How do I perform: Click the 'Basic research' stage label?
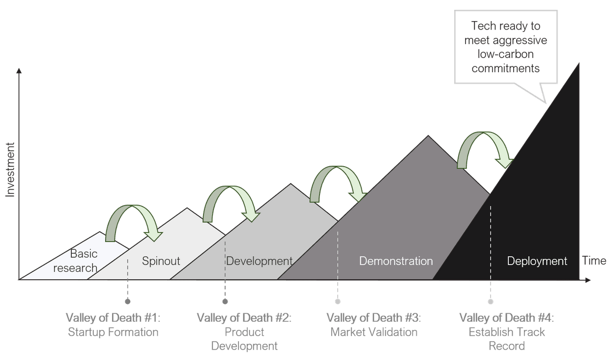tap(76, 261)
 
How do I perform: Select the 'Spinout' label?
tap(161, 261)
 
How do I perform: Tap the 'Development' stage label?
tap(259, 261)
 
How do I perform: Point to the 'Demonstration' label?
tap(396, 261)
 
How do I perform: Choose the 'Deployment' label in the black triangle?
tap(537, 261)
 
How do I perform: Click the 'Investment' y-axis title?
tap(10, 170)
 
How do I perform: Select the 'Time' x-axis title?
tap(594, 261)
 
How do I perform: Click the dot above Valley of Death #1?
tap(128, 301)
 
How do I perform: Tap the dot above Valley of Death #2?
tap(225, 301)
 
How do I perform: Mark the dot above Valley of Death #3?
tap(338, 301)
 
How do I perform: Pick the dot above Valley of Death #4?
tap(491, 301)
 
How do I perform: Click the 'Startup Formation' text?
tap(113, 332)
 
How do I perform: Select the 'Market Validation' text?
tap(374, 332)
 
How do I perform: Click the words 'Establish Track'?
tap(507, 332)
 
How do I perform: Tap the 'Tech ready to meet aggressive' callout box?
tap(506, 47)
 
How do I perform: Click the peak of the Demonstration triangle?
tap(428, 136)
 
